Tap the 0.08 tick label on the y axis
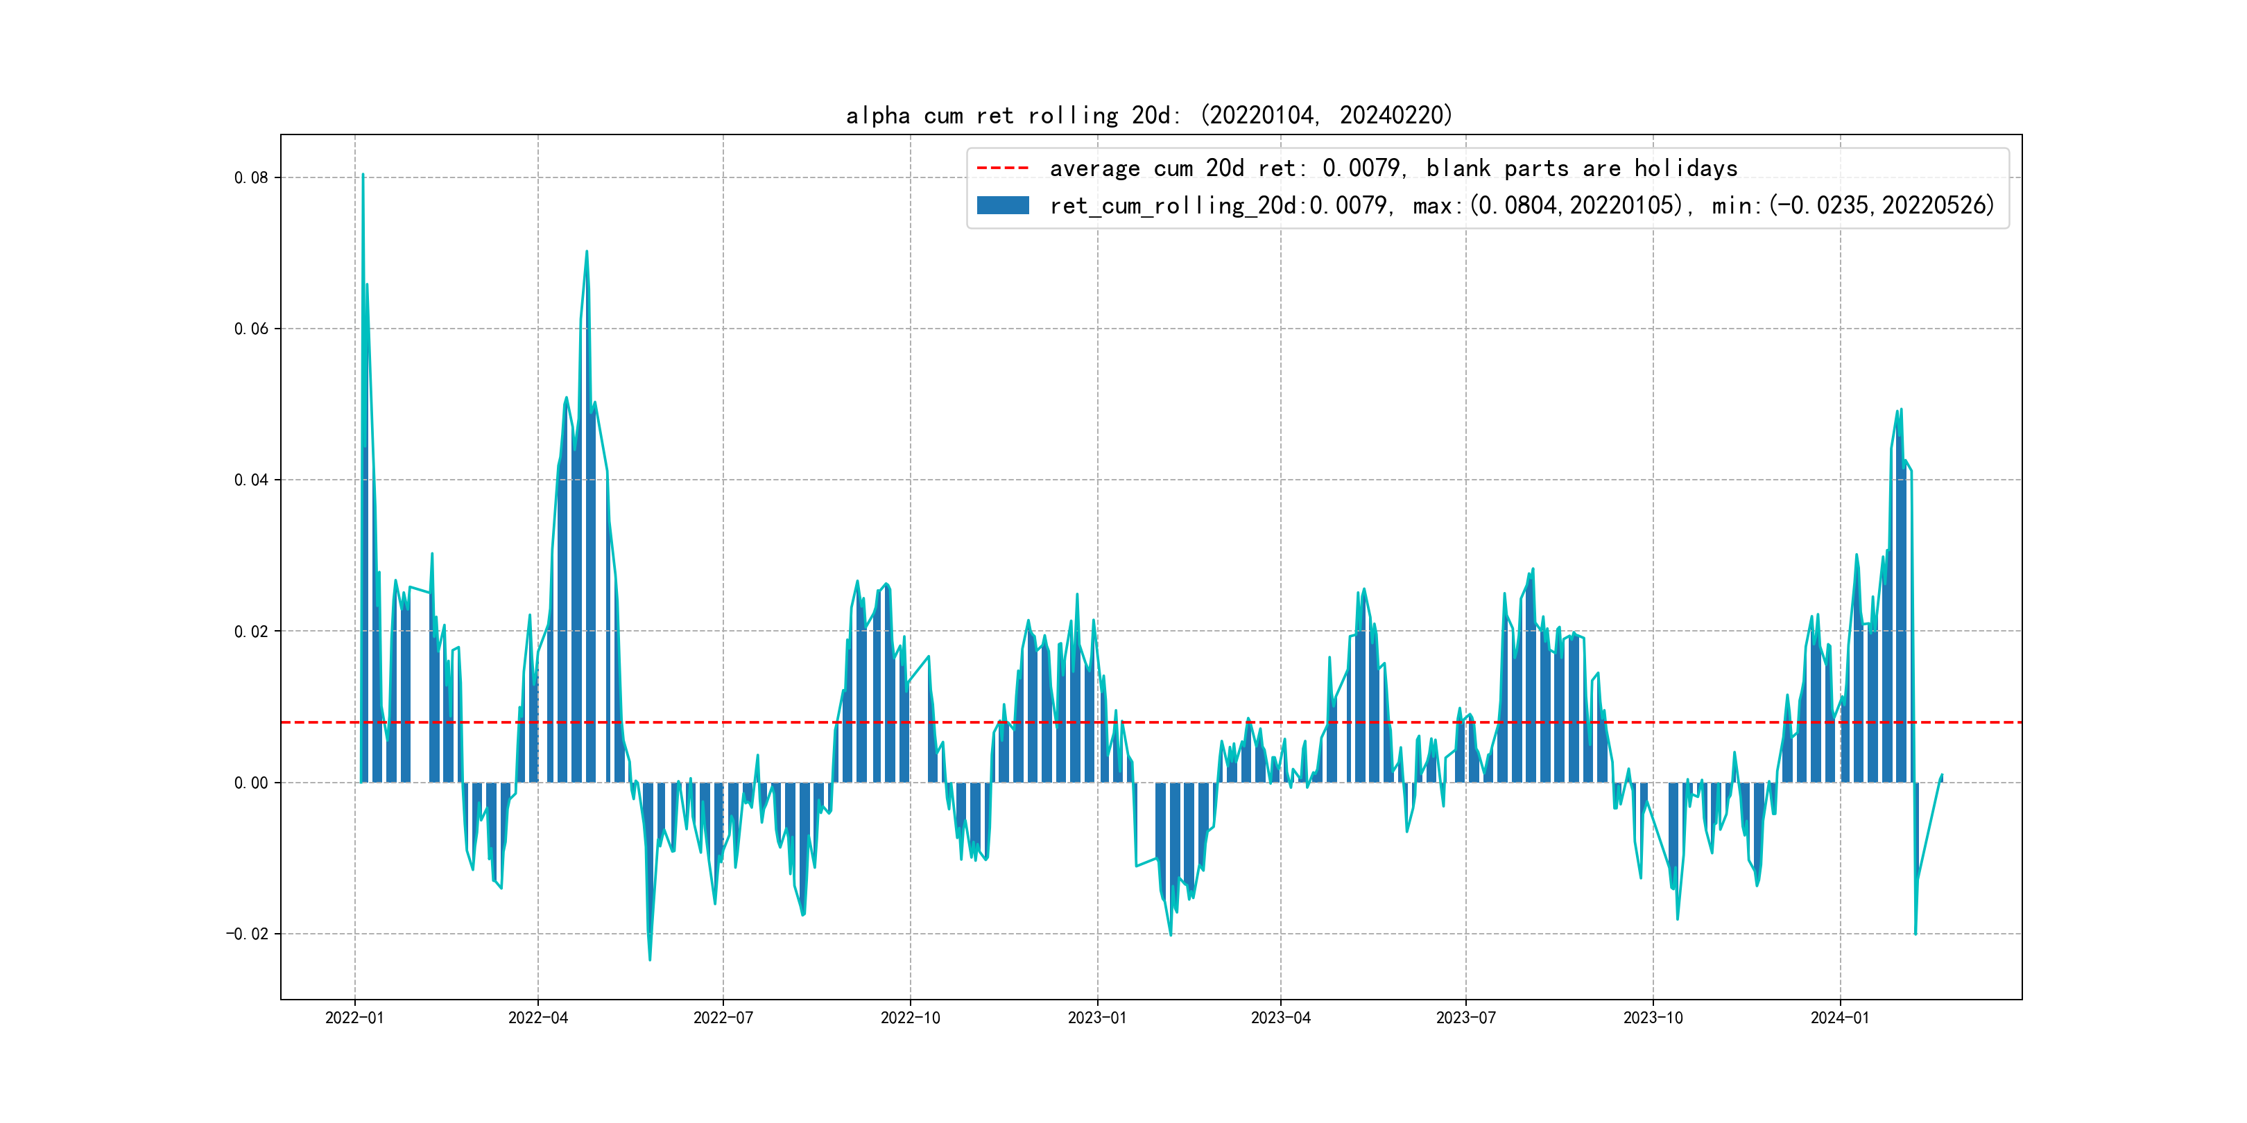[x=251, y=178]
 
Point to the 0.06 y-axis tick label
[x=251, y=329]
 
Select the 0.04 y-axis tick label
[x=251, y=480]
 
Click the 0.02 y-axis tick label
[x=251, y=632]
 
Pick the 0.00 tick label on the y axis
[x=251, y=783]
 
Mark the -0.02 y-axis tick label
[x=248, y=934]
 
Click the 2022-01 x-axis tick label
[x=354, y=1018]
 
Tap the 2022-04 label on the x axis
[x=538, y=1018]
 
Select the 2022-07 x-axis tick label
[x=723, y=1018]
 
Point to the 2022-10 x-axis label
[x=910, y=1018]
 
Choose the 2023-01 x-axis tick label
[x=1097, y=1018]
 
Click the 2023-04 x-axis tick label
[x=1280, y=1018]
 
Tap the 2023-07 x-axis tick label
[x=1465, y=1018]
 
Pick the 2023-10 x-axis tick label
[x=1653, y=1018]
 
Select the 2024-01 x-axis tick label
[x=1840, y=1018]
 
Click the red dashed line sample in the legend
[x=1002, y=167]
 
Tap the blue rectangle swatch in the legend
[x=1002, y=205]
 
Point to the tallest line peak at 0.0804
[x=363, y=175]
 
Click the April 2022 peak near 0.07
[x=587, y=252]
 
